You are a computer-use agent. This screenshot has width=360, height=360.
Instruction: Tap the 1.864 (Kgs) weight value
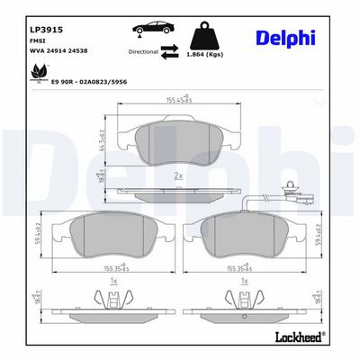tap(211, 55)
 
